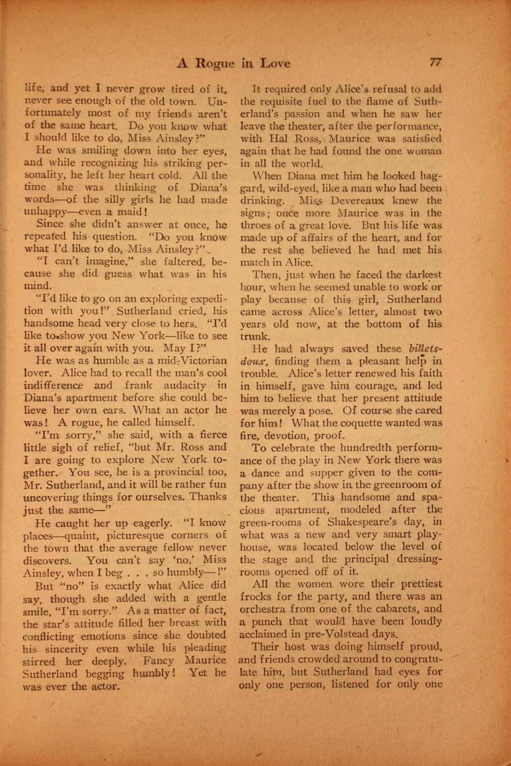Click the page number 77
coord(435,62)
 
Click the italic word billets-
coord(424,348)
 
